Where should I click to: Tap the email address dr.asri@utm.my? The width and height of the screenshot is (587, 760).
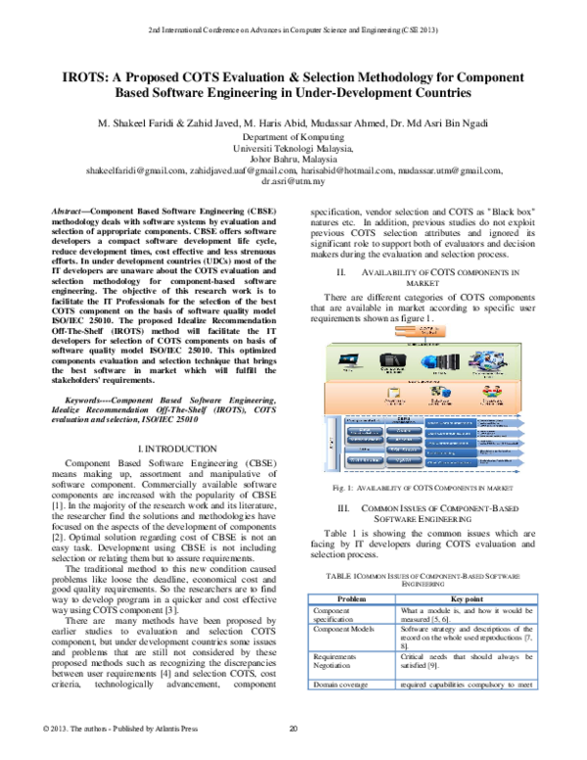pyautogui.click(x=293, y=181)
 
